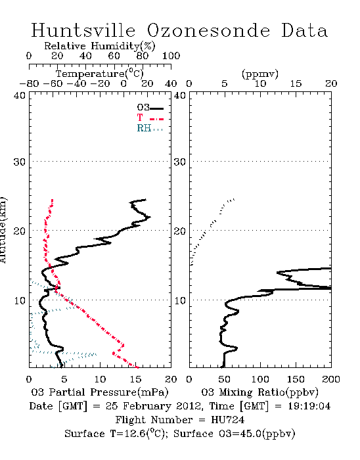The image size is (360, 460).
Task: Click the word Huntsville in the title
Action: pos(83,30)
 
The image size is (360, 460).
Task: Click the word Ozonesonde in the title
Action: pos(208,30)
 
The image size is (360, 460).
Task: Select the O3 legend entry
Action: pos(150,108)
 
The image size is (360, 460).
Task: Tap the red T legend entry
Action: pos(150,118)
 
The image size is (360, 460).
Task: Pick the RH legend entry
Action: pos(150,128)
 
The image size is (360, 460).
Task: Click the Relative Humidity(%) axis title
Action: pos(99,46)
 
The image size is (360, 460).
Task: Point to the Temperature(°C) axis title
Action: pos(99,74)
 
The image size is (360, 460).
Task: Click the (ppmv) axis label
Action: pos(259,74)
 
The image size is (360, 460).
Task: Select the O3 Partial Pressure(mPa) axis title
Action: pos(100,392)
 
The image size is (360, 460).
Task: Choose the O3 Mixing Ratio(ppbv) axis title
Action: pos(259,392)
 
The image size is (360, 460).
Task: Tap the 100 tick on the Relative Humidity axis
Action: pos(171,56)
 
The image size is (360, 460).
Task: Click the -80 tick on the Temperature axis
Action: pos(29,84)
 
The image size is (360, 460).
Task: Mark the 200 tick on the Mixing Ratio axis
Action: pos(331,379)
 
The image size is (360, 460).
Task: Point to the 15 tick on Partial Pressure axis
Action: pos(135,379)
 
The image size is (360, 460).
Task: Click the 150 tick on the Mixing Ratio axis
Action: pos(296,379)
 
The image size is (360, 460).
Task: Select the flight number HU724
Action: pos(227,420)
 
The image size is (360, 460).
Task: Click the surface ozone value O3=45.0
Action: pos(240,434)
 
